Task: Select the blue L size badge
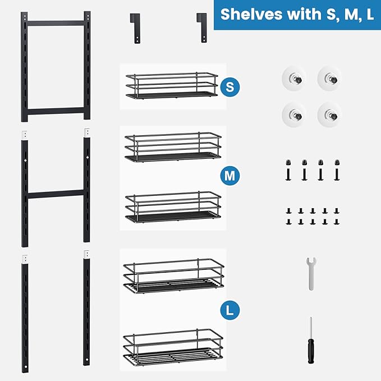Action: tap(227, 309)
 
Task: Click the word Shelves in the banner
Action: tap(245, 14)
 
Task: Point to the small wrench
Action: tap(310, 273)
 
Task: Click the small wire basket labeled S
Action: tap(171, 86)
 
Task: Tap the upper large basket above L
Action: tap(173, 276)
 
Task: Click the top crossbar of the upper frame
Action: tap(57, 23)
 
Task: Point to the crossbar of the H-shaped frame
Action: tap(57, 195)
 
